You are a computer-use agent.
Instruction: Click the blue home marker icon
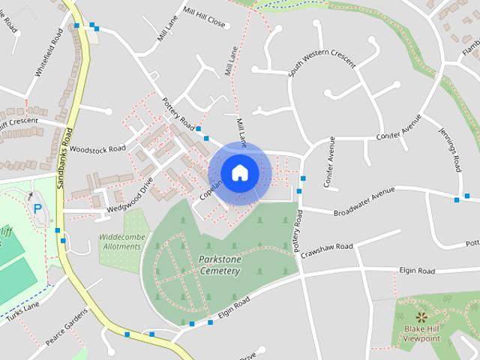point(239,172)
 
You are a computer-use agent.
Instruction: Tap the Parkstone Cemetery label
point(220,265)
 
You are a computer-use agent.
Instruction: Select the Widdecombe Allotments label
point(119,241)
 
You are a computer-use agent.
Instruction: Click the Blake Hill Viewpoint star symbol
point(420,316)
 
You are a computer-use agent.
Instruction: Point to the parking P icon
point(36,208)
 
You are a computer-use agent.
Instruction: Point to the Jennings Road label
point(448,148)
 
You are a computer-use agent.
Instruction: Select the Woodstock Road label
point(96,149)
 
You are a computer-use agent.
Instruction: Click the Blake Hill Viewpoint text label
point(421,334)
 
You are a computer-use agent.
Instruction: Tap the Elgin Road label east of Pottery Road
point(416,270)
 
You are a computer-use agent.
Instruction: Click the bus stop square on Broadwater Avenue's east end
point(457,199)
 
